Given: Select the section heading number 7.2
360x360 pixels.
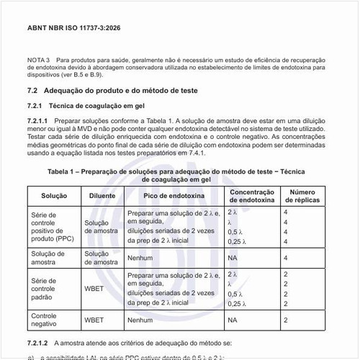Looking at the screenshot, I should (32, 91).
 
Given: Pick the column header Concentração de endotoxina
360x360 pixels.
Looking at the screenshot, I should (251, 196).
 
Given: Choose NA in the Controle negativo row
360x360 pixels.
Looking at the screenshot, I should (233, 319).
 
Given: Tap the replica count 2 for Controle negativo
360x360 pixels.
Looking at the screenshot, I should (286, 319).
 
